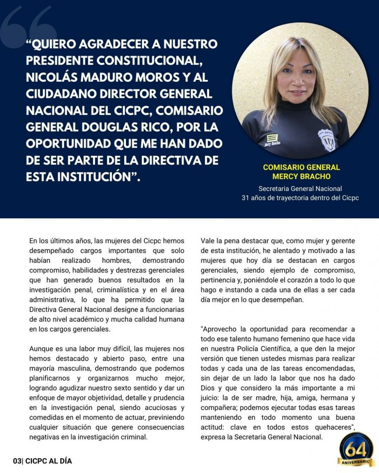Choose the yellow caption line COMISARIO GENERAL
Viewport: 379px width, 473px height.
(301, 167)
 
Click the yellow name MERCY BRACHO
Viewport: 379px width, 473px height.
(301, 176)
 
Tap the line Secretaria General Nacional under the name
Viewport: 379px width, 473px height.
(300, 188)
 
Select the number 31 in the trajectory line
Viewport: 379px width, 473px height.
(245, 198)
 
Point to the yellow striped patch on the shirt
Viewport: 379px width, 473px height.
(272, 137)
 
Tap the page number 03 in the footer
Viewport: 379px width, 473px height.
(17, 461)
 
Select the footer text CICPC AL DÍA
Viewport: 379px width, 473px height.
(48, 461)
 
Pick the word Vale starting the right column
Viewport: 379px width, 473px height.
(208, 241)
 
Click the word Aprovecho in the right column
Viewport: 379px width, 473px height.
(219, 329)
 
